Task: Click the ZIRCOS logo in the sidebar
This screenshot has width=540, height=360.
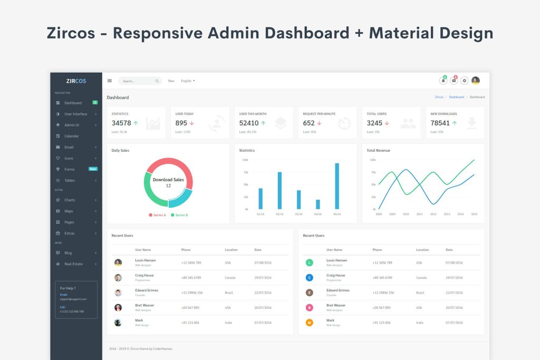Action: pos(76,81)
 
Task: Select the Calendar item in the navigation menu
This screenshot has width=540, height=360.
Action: pos(71,136)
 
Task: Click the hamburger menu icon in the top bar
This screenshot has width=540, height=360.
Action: pos(110,81)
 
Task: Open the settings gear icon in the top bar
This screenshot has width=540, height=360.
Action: pos(465,81)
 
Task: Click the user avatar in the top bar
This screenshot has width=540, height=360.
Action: pos(476,81)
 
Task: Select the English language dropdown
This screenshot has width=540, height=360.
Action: pos(188,81)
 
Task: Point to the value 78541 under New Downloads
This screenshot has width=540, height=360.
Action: pos(440,123)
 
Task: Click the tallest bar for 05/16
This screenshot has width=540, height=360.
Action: pos(337,186)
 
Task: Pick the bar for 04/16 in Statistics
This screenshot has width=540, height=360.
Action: pos(318,204)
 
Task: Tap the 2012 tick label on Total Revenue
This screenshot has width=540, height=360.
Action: pos(433,214)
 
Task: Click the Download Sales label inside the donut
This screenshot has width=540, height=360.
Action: pos(168,180)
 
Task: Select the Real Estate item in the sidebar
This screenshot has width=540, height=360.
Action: pos(73,264)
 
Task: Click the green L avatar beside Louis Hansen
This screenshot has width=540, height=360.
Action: pos(310,262)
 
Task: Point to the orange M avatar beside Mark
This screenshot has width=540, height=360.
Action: pos(310,323)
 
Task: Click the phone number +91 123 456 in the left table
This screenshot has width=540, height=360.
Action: pos(190,323)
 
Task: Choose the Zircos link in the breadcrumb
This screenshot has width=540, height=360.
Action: pos(439,97)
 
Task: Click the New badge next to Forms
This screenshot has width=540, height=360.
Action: pos(93,169)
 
